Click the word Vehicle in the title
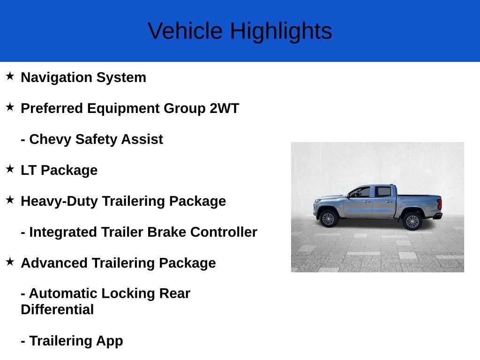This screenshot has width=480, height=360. point(185,31)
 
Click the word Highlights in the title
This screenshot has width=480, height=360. point(281,31)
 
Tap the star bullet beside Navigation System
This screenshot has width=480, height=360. point(10,76)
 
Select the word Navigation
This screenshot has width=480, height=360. point(57,78)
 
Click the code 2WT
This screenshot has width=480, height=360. point(225,108)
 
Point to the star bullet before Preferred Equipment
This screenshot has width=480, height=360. point(10,107)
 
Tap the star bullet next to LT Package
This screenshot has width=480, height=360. point(10,169)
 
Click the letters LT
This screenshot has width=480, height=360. point(29,170)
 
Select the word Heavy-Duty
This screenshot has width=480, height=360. point(59,202)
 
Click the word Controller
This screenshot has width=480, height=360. point(224,232)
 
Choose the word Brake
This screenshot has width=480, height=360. point(166,232)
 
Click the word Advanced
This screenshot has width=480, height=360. point(54,263)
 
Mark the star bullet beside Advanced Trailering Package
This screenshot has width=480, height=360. point(10,262)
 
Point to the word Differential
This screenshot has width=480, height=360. point(57,309)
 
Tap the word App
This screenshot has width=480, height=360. point(110,341)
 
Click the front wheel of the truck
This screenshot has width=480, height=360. point(328,218)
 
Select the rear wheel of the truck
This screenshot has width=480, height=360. point(412,221)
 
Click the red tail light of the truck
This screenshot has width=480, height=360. point(440,204)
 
